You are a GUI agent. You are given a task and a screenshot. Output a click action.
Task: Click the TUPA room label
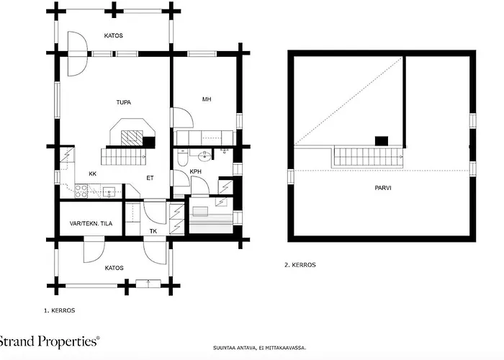click(123, 102)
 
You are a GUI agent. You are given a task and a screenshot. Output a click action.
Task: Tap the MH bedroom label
click(207, 99)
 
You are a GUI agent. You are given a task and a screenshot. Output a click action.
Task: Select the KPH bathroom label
click(195, 171)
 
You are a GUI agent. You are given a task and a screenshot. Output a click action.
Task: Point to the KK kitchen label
click(93, 174)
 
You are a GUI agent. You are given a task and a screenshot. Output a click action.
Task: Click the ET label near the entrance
click(150, 178)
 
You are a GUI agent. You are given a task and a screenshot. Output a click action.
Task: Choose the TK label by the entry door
click(153, 231)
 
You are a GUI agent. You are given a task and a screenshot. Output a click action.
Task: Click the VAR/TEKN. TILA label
click(91, 223)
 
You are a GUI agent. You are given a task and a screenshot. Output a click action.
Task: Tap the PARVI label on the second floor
click(383, 188)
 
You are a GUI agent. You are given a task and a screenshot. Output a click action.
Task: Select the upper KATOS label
click(114, 36)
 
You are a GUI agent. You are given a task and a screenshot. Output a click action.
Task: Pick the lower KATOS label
click(114, 268)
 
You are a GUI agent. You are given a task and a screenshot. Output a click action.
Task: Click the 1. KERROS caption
click(60, 310)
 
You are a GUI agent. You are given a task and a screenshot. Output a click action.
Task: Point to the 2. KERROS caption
click(300, 265)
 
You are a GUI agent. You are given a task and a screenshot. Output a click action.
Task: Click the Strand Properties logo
click(49, 341)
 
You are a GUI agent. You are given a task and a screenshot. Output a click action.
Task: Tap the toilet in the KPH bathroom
click(182, 157)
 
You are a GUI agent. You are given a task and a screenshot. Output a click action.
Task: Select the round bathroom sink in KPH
click(204, 156)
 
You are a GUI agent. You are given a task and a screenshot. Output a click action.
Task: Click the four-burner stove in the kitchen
click(81, 191)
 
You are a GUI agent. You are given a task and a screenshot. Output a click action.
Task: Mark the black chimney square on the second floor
click(382, 141)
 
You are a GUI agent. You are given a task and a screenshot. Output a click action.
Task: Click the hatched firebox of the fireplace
click(132, 138)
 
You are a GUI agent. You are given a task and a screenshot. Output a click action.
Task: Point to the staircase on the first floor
click(123, 157)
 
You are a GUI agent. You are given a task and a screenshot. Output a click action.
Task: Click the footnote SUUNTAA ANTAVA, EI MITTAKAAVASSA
click(260, 348)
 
